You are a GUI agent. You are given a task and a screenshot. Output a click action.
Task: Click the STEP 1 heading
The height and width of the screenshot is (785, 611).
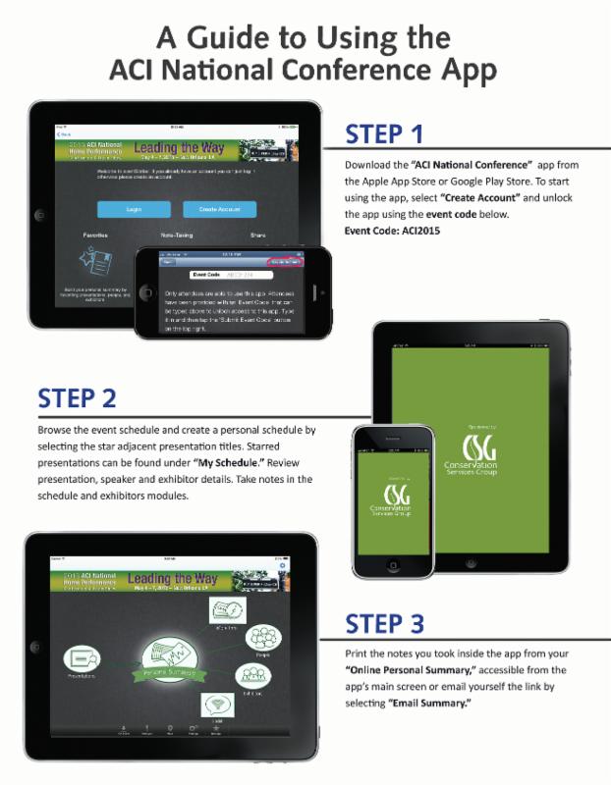tap(384, 133)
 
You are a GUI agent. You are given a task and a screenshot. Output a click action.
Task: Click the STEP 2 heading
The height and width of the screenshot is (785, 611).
tap(78, 398)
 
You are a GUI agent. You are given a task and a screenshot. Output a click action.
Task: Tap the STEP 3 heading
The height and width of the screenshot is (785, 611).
tap(384, 624)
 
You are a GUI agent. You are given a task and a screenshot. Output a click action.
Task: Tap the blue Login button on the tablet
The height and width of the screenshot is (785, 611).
tap(134, 209)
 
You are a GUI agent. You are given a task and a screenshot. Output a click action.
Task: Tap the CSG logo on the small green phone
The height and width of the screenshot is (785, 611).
tap(393, 493)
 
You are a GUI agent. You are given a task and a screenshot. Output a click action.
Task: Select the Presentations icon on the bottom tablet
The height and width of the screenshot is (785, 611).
tap(82, 663)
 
